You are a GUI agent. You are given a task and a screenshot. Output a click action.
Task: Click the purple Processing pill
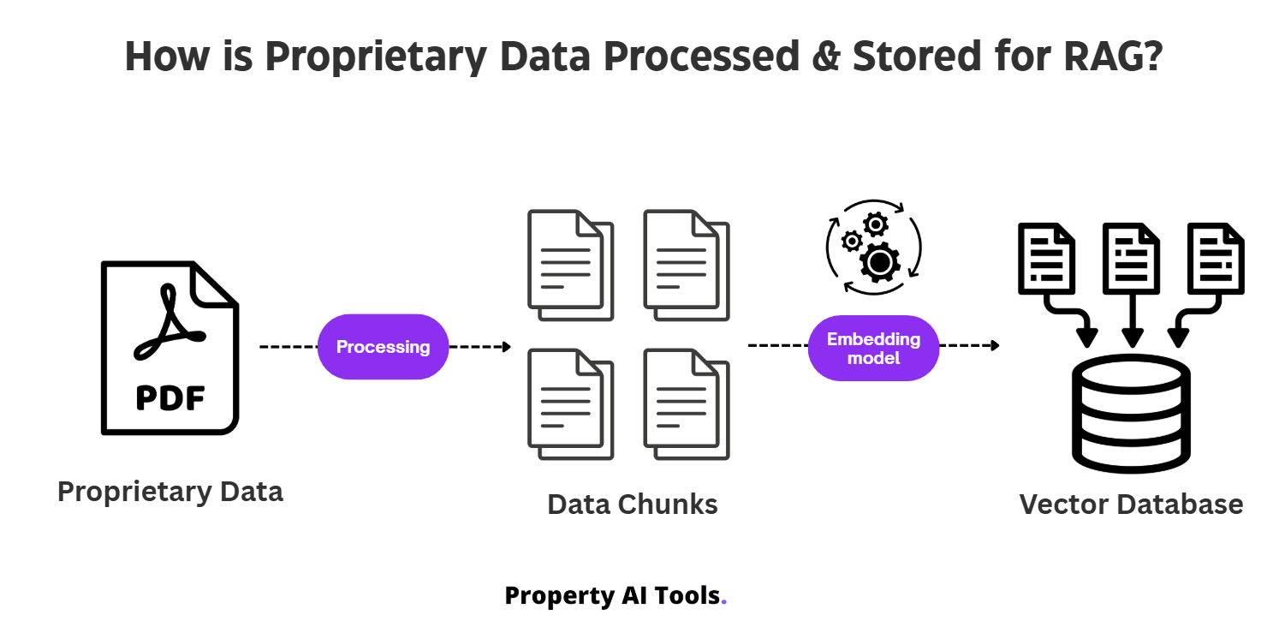[x=383, y=347]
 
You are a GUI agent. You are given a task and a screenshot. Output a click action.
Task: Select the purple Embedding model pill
[x=873, y=348]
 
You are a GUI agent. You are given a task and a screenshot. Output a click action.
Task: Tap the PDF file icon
[x=170, y=347]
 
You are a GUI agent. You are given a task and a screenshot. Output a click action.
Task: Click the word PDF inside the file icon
[x=170, y=398]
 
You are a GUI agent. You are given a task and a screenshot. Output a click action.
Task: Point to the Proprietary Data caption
[x=170, y=492]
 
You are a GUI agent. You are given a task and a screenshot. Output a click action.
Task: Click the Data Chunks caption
[x=633, y=504]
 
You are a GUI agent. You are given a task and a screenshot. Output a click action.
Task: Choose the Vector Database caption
[x=1131, y=504]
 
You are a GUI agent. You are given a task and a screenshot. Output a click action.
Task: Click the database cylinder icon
[x=1132, y=414]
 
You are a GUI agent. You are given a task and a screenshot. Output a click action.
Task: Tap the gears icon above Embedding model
[x=873, y=248]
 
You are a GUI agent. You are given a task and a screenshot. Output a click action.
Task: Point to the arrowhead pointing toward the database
[x=995, y=346]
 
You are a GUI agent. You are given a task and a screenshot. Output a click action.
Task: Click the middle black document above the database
[x=1131, y=256]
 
